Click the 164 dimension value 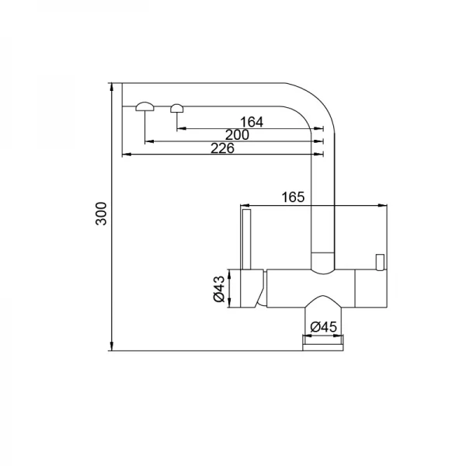[252, 121]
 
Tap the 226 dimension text [223, 148]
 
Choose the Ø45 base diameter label [322, 327]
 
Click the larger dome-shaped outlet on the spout [144, 107]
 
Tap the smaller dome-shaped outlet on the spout [177, 108]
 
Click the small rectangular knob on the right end [381, 260]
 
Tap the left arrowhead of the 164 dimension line [181, 128]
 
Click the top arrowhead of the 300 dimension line [113, 85]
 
